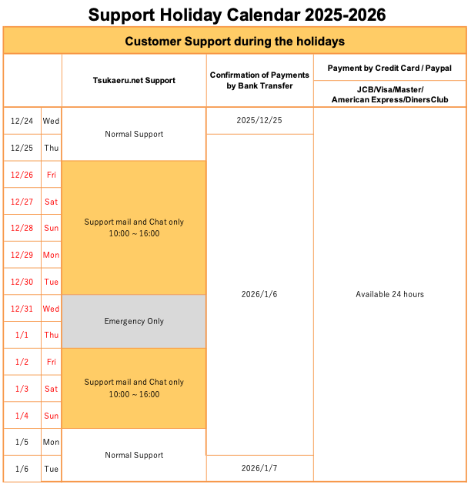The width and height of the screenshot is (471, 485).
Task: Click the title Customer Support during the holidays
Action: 235,41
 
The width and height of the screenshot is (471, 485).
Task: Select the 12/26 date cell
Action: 22,175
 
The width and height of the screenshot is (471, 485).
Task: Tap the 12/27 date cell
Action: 22,202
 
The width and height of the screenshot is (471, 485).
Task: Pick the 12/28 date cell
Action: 22,229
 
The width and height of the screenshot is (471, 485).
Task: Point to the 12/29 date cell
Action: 22,255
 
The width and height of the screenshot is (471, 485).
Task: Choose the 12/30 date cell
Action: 22,282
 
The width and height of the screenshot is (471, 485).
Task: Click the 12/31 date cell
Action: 22,309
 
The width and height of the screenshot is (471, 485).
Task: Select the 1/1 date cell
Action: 22,335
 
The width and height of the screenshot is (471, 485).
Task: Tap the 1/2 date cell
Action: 22,362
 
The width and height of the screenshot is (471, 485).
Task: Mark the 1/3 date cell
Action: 22,389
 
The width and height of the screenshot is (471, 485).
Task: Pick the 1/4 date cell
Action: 22,416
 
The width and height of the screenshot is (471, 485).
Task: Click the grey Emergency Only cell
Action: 134,321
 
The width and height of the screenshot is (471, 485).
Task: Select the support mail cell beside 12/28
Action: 134,228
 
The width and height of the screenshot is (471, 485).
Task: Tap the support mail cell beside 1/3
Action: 134,388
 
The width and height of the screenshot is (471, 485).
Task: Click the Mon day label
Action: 51,255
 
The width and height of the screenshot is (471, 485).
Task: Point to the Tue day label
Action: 51,282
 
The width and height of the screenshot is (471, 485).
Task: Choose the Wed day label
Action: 51,309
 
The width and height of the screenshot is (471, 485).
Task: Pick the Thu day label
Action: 51,335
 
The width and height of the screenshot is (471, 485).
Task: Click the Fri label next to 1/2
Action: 51,362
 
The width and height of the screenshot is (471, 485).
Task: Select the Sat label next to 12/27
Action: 51,202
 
